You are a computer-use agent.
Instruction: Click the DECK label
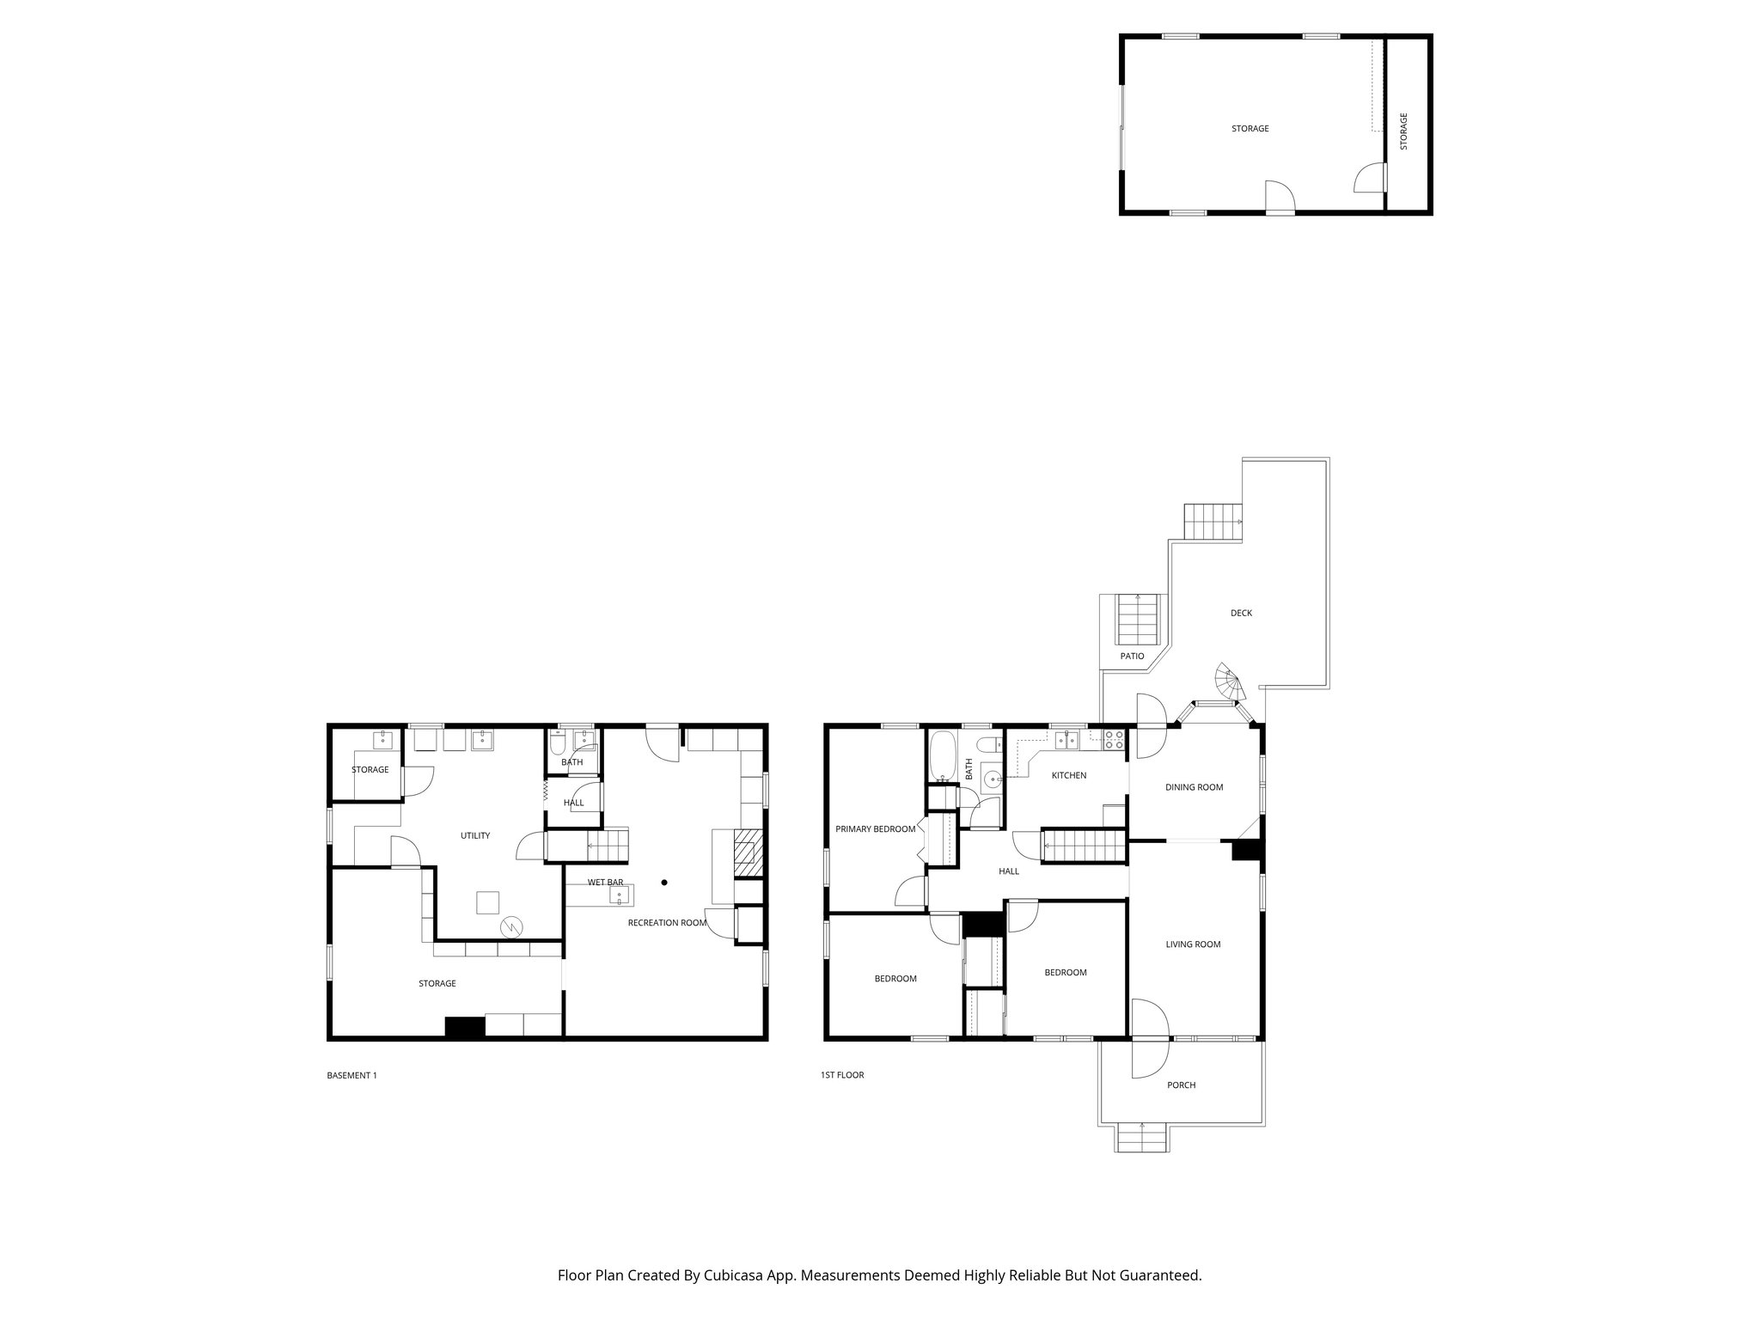click(x=1241, y=613)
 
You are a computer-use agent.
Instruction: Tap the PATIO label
click(x=1132, y=656)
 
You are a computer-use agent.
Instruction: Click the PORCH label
click(x=1181, y=1085)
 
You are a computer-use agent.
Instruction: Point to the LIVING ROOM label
click(x=1193, y=944)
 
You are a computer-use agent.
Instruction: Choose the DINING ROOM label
click(x=1194, y=787)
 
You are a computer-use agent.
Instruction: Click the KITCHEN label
click(x=1069, y=775)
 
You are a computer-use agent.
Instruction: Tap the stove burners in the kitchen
click(x=1114, y=739)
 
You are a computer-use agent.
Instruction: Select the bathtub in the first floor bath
click(x=942, y=756)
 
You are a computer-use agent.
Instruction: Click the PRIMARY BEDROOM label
click(x=875, y=829)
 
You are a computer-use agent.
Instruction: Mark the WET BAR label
click(x=605, y=882)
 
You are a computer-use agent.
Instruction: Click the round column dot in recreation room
click(x=664, y=882)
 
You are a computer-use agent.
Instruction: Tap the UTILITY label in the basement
click(x=474, y=835)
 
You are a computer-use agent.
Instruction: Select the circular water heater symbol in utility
click(x=511, y=926)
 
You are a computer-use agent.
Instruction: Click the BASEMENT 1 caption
click(x=351, y=1075)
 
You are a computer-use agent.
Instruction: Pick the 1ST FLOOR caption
click(x=842, y=1075)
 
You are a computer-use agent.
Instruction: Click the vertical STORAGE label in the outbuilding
click(x=1403, y=131)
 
